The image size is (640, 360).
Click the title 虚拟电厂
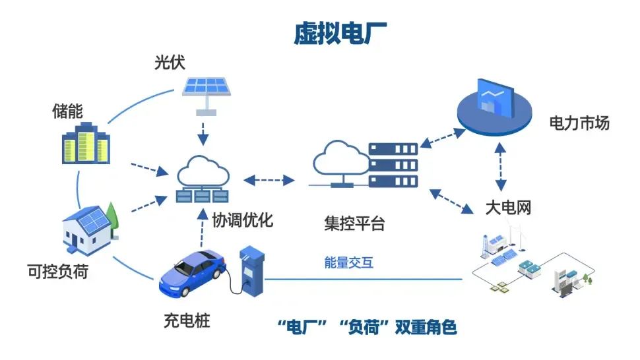point(340,34)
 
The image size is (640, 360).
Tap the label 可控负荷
point(57,271)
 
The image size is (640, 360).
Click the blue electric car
point(190,274)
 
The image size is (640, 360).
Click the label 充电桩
point(187,322)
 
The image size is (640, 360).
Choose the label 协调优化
point(242,220)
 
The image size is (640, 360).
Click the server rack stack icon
point(393,164)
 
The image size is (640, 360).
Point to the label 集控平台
point(354,223)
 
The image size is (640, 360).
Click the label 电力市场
point(579,123)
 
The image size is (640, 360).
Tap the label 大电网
point(507,208)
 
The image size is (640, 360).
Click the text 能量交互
point(349,262)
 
